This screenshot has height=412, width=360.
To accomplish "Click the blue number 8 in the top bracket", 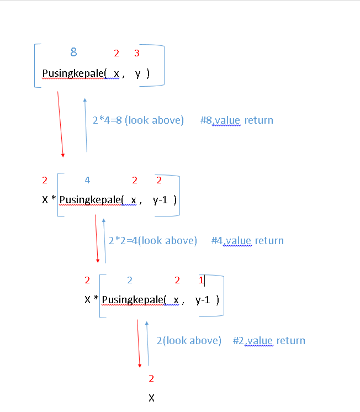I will (x=73, y=52).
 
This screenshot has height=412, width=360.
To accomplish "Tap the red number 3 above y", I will (x=136, y=54).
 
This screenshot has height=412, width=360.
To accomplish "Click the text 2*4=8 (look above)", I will (x=138, y=120).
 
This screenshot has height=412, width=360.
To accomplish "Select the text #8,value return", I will (x=237, y=120).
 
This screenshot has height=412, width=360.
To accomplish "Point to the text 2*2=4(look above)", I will (x=152, y=240).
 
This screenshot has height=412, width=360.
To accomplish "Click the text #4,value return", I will (x=247, y=240).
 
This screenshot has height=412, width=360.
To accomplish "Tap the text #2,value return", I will (x=269, y=340).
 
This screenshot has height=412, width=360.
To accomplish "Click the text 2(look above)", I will (x=189, y=340).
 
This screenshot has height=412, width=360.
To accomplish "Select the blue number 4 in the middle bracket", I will (x=87, y=180).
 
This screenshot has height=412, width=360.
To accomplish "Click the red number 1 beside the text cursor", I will (x=201, y=280).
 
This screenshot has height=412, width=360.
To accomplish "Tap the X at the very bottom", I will (x=151, y=398).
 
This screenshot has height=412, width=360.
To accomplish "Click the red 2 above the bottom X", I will (x=151, y=378).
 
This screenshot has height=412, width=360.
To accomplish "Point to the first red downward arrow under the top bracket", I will (x=60, y=124).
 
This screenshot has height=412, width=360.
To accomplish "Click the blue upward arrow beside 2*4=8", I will (x=86, y=124).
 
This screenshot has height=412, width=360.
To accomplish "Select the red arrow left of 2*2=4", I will (x=97, y=239).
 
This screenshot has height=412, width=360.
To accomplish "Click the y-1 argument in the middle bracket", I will (x=161, y=199).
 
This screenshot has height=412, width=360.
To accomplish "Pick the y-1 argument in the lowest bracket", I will (x=203, y=300).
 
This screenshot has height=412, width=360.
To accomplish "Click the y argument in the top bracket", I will (x=138, y=73).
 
